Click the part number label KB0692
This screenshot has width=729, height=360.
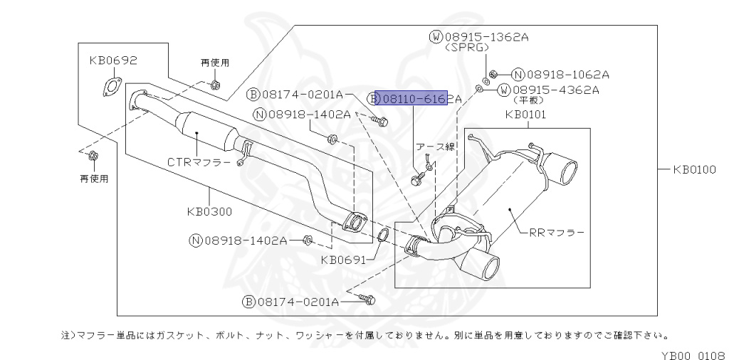[112, 62]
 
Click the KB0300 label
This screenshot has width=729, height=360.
[211, 211]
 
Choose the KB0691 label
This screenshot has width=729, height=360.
[343, 260]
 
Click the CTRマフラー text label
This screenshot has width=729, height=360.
[199, 162]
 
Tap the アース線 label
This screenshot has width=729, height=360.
[436, 147]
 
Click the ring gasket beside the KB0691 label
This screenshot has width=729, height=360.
[382, 236]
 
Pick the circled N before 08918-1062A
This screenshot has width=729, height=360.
[518, 73]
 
